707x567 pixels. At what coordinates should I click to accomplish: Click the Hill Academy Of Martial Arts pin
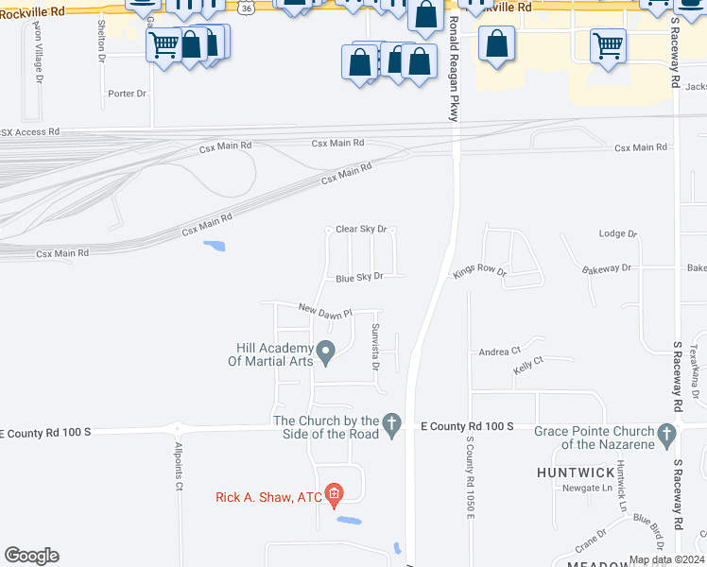[x=326, y=353]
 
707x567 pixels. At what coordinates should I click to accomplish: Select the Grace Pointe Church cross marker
[x=668, y=437]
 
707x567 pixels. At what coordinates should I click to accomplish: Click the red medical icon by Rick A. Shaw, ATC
[x=333, y=493]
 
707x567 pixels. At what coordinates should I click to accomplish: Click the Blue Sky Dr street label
[x=359, y=277]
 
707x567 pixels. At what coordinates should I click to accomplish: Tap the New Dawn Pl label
[x=325, y=310]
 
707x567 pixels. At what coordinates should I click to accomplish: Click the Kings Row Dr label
[x=479, y=271]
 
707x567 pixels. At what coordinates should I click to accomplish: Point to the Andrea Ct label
[x=500, y=351]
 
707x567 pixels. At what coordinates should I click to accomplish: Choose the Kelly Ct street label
[x=528, y=362]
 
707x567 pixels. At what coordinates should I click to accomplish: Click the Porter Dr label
[x=128, y=94]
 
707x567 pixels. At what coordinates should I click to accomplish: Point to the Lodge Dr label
[x=619, y=233]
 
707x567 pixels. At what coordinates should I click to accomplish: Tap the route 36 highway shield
[x=246, y=7]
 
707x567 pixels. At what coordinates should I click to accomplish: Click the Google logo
[x=31, y=556]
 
